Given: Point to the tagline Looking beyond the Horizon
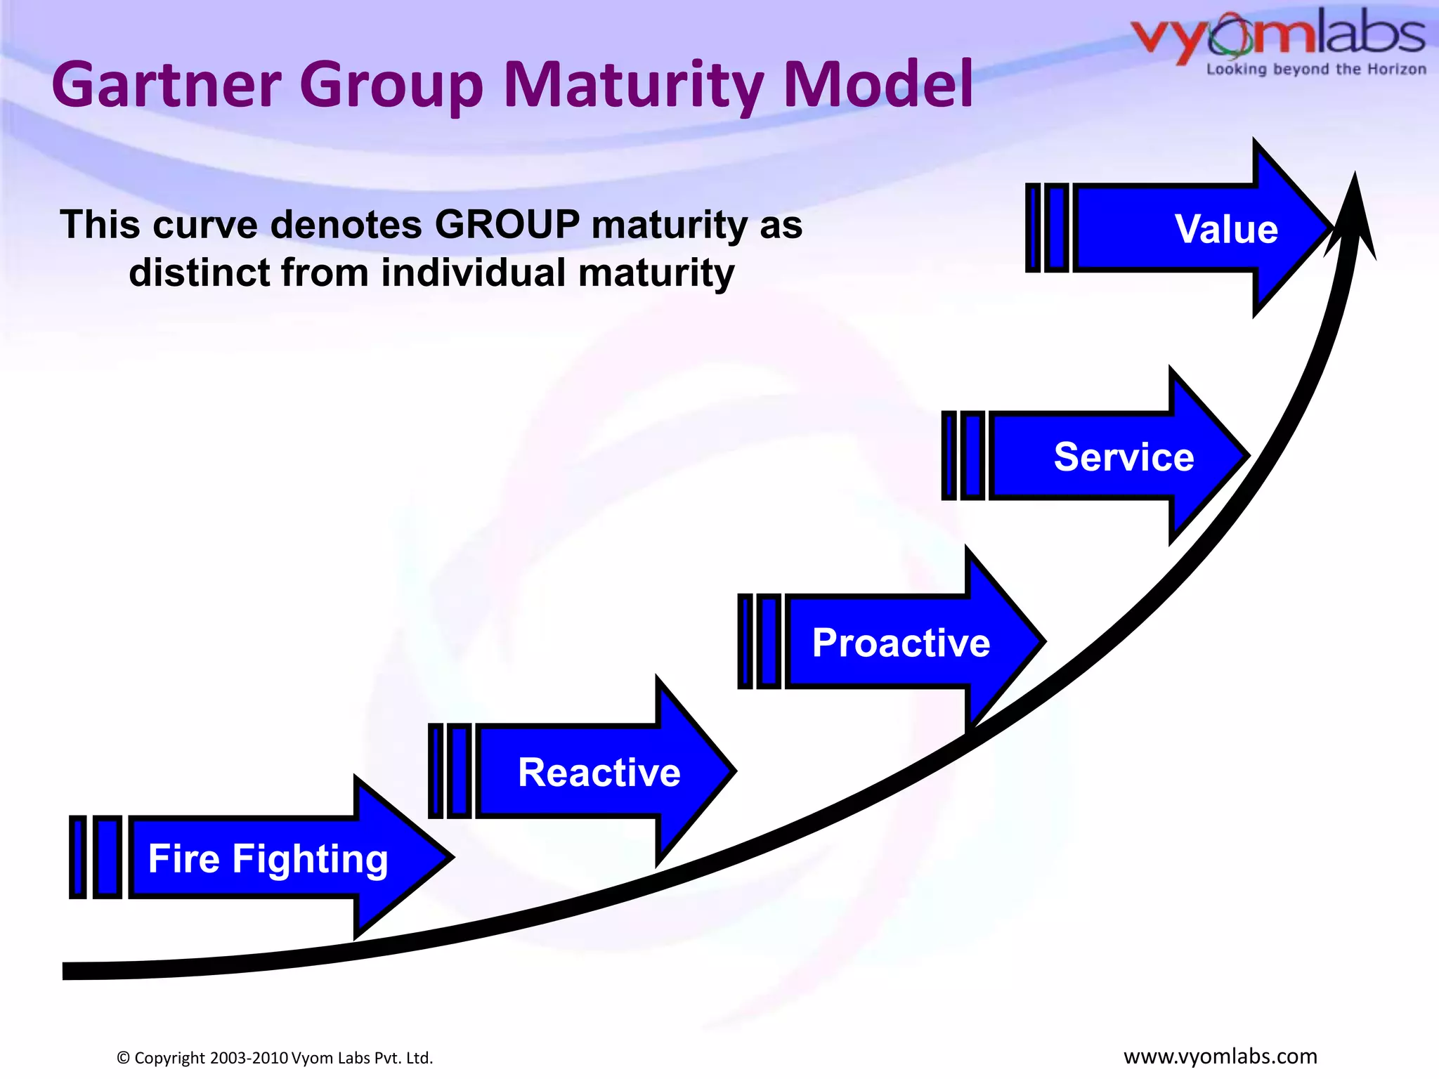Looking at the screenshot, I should [x=1315, y=70].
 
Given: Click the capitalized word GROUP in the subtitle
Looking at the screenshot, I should [x=507, y=225].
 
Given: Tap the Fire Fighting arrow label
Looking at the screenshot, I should [x=268, y=858].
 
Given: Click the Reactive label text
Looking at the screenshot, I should [x=599, y=773].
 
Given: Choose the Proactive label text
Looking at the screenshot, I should [x=901, y=643].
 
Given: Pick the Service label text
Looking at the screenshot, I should [x=1124, y=457].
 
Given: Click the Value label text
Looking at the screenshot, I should [x=1226, y=229].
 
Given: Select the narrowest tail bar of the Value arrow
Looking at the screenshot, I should [x=1033, y=228].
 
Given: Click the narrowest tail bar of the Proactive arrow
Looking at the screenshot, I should [x=745, y=641].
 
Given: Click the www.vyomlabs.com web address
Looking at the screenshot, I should [x=1220, y=1057].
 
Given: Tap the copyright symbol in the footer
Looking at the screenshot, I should [x=124, y=1058].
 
